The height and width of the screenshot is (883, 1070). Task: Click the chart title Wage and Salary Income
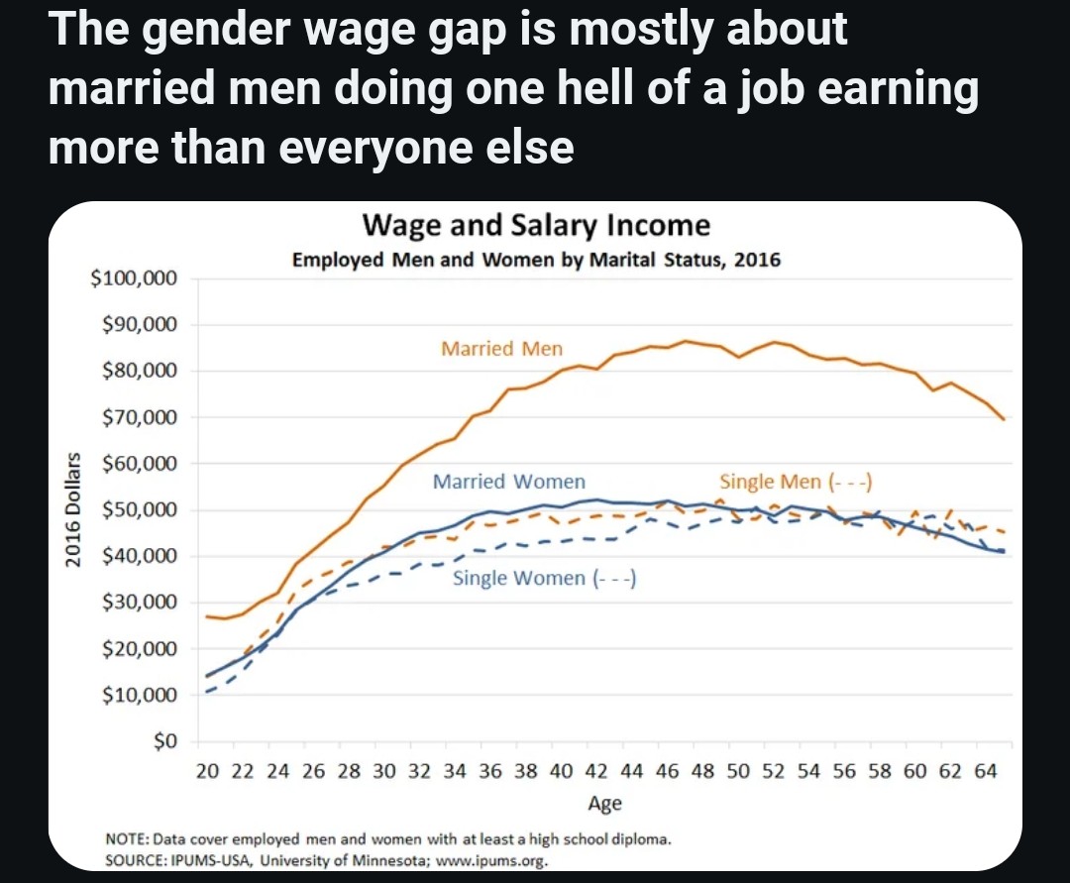click(536, 225)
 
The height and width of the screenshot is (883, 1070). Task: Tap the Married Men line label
click(501, 348)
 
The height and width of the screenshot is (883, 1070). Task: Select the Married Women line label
click(509, 482)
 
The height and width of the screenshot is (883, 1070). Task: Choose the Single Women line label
click(544, 578)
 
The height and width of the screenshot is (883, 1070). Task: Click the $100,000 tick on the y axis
click(134, 278)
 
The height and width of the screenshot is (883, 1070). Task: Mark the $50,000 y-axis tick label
click(138, 510)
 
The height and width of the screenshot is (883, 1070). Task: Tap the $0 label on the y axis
click(163, 742)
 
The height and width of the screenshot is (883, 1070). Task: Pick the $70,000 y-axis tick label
click(138, 417)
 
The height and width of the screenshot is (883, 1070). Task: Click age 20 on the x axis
click(206, 772)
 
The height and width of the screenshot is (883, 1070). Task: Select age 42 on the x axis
click(596, 772)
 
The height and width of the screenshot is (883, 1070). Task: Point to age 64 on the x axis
click(985, 772)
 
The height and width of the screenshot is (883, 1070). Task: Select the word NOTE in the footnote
click(127, 839)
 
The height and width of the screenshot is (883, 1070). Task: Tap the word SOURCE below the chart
click(137, 859)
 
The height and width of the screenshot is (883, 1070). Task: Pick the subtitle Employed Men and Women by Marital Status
click(536, 261)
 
